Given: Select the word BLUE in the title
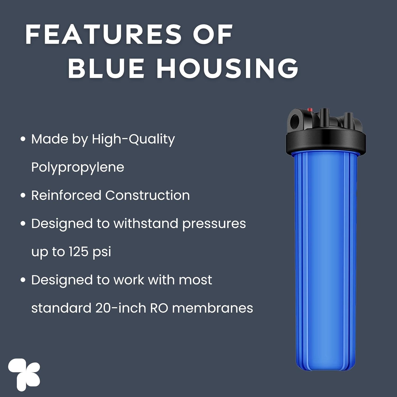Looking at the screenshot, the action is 106,68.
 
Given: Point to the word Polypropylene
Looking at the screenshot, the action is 78,168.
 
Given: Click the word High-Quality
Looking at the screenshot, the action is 133,139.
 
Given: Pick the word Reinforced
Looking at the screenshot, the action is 66,195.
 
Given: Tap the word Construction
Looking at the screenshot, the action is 147,195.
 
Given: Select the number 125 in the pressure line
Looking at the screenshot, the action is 79,251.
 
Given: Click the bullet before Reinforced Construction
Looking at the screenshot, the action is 23,196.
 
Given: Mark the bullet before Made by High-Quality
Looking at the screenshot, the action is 23,139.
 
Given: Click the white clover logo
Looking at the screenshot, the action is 24,375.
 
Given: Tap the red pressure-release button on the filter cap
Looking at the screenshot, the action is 310,110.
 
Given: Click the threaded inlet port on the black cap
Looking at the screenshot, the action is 295,121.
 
